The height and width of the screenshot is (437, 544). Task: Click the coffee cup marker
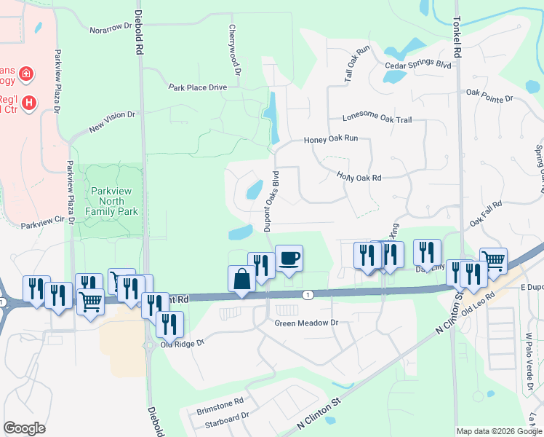(x=289, y=258)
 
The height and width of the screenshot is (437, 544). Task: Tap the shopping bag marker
(x=241, y=279)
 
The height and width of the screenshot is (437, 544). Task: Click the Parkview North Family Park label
(x=112, y=200)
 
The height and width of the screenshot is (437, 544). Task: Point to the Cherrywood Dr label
(x=233, y=50)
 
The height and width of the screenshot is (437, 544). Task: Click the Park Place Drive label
(x=198, y=87)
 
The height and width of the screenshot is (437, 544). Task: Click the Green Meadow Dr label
(x=307, y=322)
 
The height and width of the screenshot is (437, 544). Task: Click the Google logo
(x=24, y=428)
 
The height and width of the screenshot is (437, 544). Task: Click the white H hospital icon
(x=29, y=103)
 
